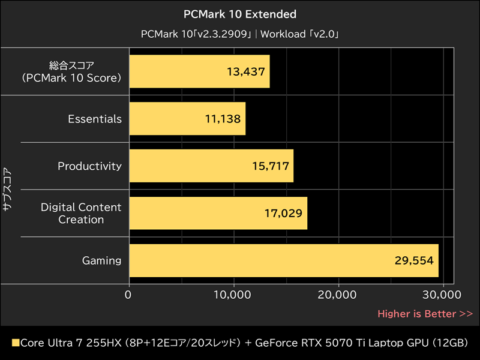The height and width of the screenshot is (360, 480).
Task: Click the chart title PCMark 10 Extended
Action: [240, 14]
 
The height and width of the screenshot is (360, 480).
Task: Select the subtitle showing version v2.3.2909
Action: [240, 34]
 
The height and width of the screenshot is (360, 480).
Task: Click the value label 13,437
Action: [245, 71]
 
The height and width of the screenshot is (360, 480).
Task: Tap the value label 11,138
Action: [222, 119]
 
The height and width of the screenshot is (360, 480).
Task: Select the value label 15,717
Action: [269, 166]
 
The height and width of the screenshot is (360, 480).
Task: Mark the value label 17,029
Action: [283, 213]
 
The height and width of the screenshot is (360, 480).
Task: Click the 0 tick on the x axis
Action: [129, 295]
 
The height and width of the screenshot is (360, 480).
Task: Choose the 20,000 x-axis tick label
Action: [338, 295]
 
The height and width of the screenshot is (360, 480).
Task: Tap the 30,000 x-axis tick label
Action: [442, 295]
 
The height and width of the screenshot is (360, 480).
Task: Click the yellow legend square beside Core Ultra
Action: [16, 343]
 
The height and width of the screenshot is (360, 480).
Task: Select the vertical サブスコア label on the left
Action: [7, 189]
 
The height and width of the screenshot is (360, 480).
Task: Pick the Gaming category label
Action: [101, 260]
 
